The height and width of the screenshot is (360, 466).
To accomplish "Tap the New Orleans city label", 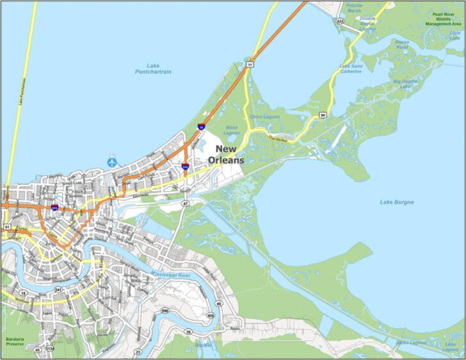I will [225, 155].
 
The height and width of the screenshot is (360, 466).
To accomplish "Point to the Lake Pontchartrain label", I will [153, 69].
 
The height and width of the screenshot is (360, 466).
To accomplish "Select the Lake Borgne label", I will [397, 202].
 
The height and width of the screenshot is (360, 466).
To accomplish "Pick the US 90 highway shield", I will [323, 115].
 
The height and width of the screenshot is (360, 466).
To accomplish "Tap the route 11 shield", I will [251, 65].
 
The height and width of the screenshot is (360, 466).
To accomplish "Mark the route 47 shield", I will [186, 203].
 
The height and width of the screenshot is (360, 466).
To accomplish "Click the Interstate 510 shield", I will [185, 167].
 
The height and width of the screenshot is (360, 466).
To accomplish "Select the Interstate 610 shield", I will [55, 208].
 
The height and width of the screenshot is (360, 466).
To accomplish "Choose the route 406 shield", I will [211, 315].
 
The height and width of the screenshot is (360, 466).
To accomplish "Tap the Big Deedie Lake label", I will [405, 85].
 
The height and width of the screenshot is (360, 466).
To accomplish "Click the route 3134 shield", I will [49, 350].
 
